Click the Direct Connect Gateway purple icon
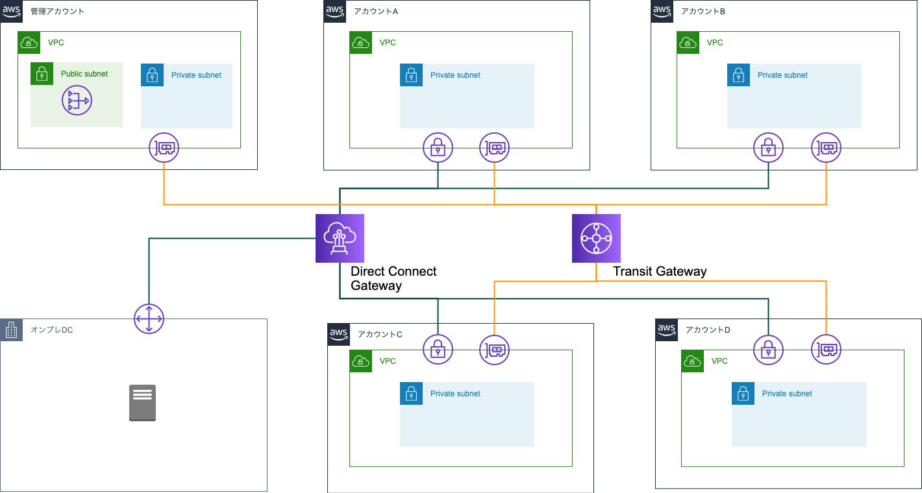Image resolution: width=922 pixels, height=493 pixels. coord(340,238)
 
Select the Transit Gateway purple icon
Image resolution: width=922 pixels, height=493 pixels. coord(596,238)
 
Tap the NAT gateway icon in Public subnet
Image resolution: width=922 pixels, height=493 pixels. coord(77,101)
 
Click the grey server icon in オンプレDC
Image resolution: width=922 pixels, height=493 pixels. coord(142,403)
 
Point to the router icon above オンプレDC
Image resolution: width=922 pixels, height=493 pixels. coord(149,319)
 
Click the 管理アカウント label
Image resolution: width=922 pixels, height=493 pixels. coord(58,12)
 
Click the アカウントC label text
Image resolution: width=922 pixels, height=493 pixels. coord(380,334)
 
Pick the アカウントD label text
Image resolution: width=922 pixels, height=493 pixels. coord(708,330)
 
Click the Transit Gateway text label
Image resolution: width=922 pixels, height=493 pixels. coord(660,271)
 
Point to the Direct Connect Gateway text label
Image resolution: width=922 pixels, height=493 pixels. coord(393,278)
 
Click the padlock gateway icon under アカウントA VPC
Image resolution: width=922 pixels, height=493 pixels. coord(438,148)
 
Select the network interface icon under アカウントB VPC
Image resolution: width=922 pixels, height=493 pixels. coord(827,148)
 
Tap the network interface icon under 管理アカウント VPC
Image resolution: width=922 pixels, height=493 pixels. coord(164,148)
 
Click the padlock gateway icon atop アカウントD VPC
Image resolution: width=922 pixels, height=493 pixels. coord(768,350)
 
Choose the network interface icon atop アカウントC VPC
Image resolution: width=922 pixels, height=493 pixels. coord(495,350)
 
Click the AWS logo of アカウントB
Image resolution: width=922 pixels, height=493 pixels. coord(662,11)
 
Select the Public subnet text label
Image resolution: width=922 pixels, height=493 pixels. coord(84,74)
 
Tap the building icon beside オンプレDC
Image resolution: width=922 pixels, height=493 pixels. coord(11,330)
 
